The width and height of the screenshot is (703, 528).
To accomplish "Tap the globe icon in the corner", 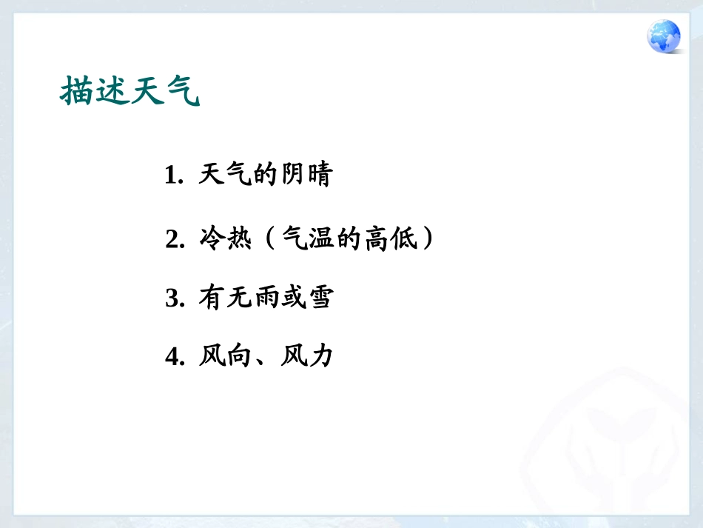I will click(x=664, y=36).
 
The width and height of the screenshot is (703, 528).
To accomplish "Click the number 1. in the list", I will click(x=174, y=176).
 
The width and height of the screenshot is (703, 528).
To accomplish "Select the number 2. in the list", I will click(x=175, y=240).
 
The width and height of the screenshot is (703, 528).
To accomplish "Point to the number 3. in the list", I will click(x=175, y=299).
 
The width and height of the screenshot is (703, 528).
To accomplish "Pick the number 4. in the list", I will click(x=175, y=358).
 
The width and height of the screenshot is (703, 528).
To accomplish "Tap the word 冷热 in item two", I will click(x=226, y=239).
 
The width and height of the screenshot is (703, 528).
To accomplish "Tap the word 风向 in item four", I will click(x=226, y=357).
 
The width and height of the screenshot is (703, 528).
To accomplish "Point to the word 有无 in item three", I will click(x=226, y=298).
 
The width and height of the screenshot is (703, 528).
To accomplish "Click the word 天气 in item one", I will click(x=226, y=176).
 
